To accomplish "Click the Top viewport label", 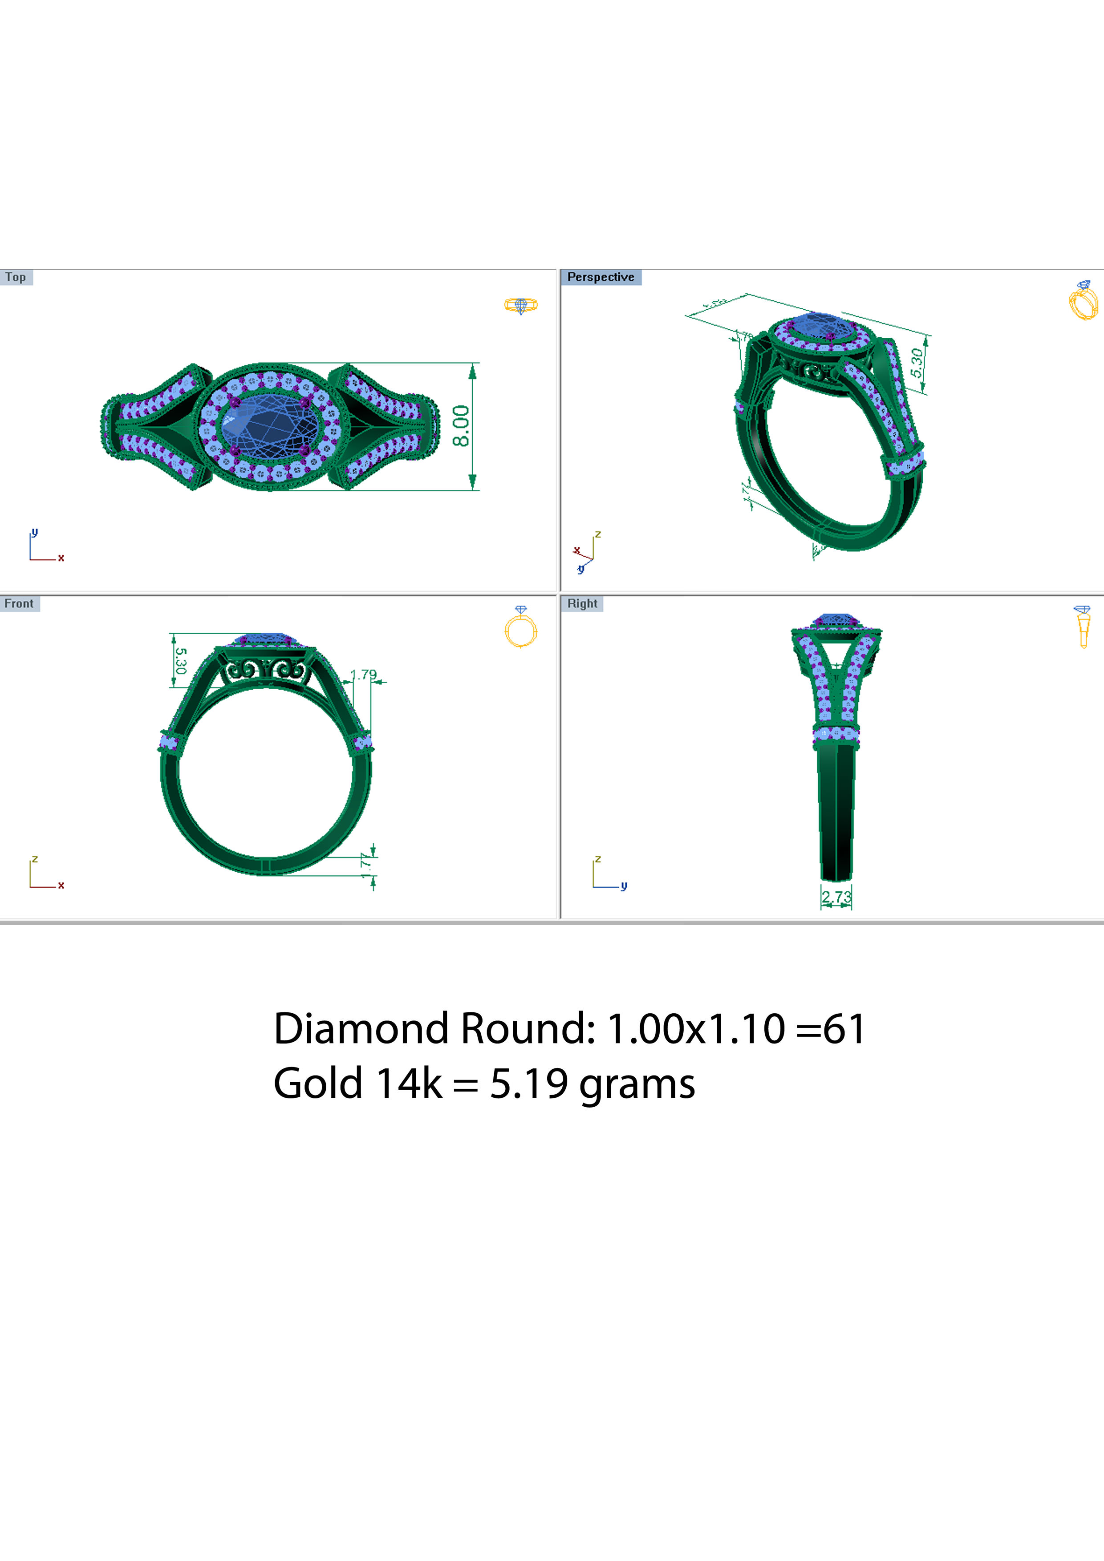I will [16, 277].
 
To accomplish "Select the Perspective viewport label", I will [600, 277].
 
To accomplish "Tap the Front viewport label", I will [19, 604].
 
